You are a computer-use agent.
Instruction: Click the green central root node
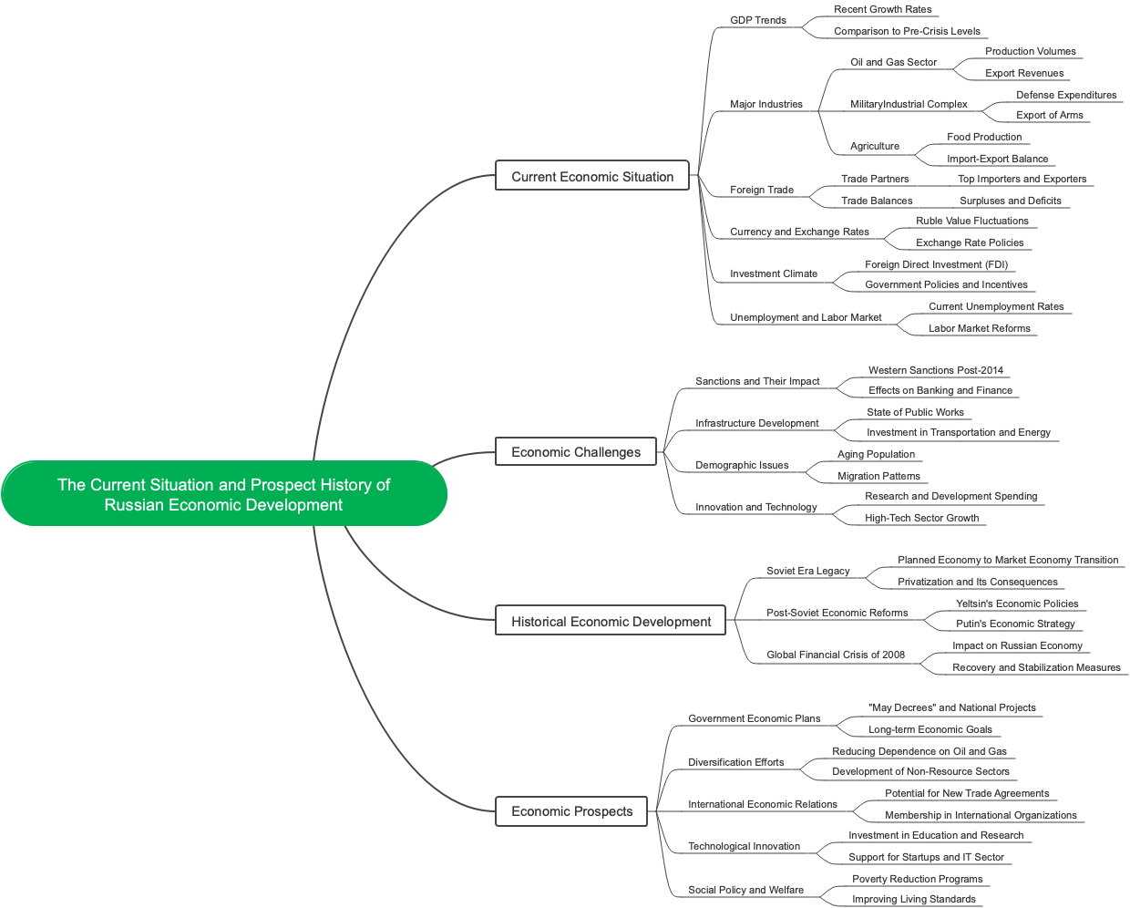[223, 494]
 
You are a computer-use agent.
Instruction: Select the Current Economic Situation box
[592, 177]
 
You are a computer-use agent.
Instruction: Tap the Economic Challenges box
[576, 452]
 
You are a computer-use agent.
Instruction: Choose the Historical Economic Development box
[611, 622]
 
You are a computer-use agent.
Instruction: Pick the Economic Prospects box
[571, 811]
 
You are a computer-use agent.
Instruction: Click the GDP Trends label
[758, 20]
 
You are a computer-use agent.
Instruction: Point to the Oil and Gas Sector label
[893, 62]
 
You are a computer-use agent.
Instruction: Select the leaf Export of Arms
[1050, 115]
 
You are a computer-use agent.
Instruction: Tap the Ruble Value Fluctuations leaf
[972, 221]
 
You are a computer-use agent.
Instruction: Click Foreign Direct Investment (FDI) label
[936, 264]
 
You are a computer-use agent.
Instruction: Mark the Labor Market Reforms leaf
[980, 328]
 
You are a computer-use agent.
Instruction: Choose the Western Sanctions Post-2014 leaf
[936, 370]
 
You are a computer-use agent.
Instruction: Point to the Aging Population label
[876, 454]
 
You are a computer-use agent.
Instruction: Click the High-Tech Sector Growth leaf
[921, 518]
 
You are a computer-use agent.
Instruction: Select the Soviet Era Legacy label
[807, 571]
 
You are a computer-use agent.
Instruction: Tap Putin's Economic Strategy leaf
[1015, 624]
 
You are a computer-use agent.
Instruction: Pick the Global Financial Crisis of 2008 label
[836, 655]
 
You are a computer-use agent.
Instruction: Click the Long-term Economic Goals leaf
[930, 729]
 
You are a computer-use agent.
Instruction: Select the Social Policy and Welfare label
[745, 890]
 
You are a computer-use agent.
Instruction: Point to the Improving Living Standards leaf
[914, 899]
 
